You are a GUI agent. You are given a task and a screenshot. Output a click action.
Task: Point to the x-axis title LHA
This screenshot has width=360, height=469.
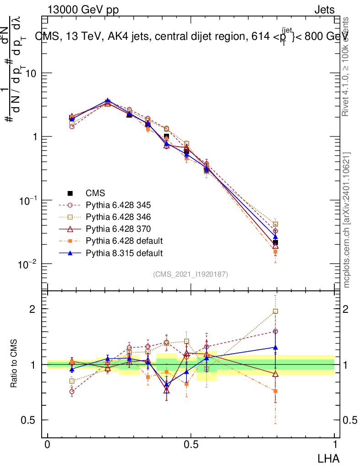point(329,458)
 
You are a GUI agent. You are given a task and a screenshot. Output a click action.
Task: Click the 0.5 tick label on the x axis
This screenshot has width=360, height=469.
point(191,445)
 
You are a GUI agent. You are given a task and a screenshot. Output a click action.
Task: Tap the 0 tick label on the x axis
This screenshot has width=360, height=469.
point(47,445)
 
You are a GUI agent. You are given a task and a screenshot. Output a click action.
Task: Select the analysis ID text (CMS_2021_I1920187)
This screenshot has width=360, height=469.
point(191,274)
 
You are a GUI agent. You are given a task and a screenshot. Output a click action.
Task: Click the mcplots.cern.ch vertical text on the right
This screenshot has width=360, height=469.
point(347,220)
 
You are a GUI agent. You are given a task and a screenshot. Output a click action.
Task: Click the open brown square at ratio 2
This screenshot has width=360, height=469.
point(275,311)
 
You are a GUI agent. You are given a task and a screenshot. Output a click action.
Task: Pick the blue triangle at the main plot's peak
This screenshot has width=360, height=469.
point(108,101)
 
